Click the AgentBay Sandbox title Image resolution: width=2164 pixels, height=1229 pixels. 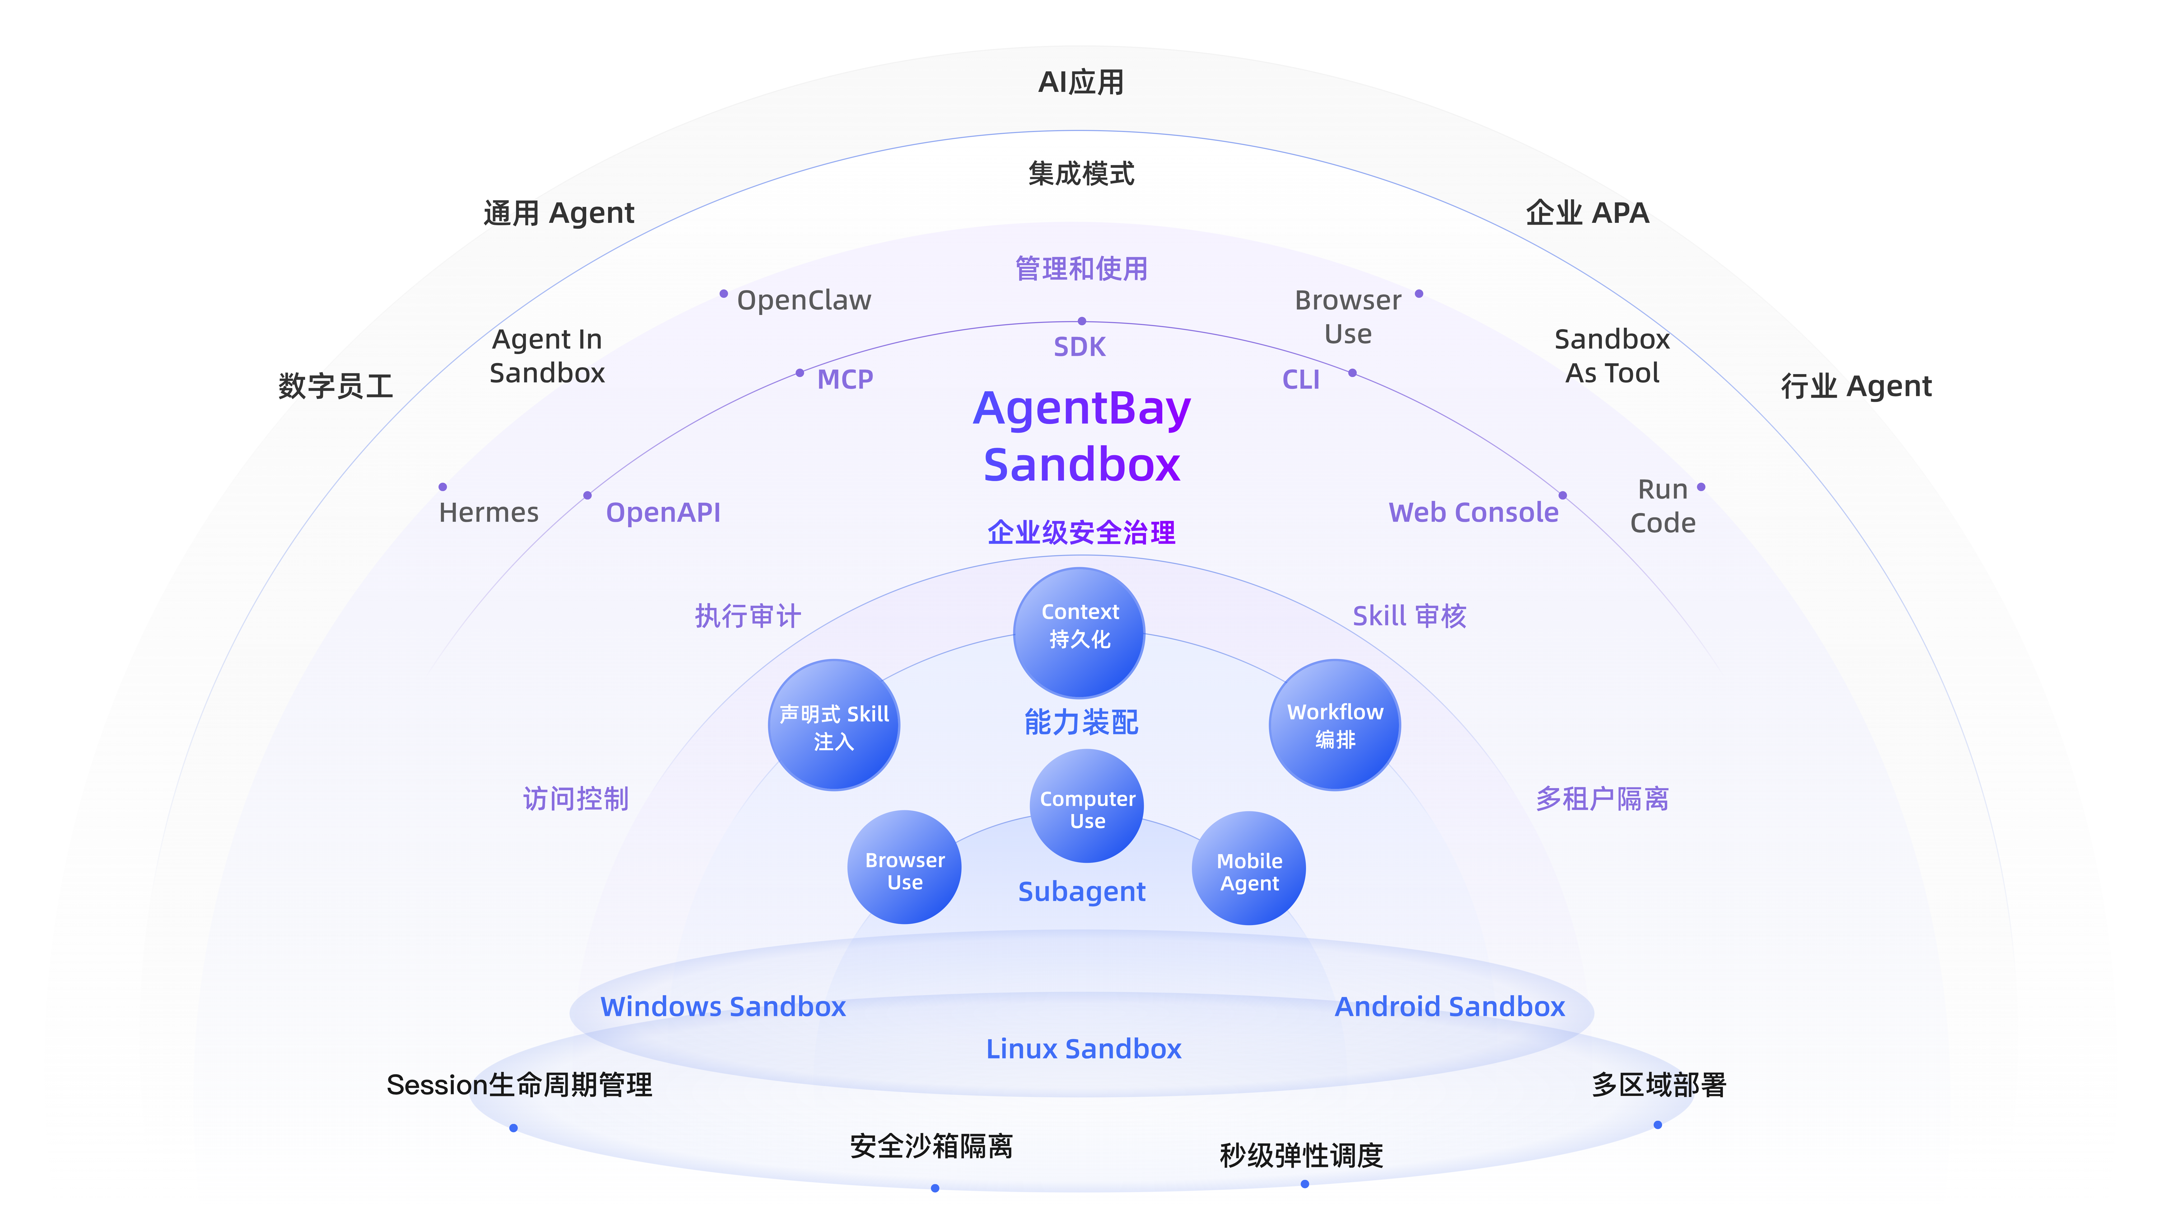pos(1081,436)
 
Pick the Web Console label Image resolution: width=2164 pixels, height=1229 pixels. pos(1473,512)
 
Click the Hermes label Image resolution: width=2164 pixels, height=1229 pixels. pos(489,512)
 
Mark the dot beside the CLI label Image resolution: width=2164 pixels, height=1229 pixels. pos(1352,373)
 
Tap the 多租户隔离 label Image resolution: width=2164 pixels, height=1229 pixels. pos(1602,798)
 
